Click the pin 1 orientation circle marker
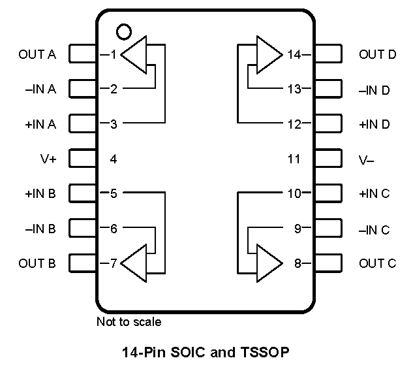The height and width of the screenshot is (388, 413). (x=122, y=30)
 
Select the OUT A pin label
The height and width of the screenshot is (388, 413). (x=37, y=54)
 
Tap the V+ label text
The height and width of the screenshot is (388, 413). (x=48, y=159)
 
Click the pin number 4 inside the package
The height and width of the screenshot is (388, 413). (x=114, y=159)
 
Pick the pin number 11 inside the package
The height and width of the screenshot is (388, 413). (x=294, y=159)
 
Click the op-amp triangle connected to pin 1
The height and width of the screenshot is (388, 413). (x=135, y=55)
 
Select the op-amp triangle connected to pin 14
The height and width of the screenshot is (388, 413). (x=268, y=55)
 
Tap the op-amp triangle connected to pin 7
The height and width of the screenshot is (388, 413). (x=135, y=264)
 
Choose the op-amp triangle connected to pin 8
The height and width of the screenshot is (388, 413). (x=268, y=264)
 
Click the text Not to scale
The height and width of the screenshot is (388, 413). (x=129, y=321)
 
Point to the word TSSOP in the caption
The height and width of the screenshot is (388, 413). (x=264, y=353)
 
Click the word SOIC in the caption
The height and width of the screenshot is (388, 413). (x=189, y=353)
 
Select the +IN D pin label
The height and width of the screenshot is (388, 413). (x=375, y=124)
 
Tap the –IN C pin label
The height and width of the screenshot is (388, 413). (x=375, y=229)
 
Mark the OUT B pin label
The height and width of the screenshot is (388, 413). (x=37, y=264)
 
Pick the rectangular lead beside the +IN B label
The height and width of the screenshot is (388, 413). (x=82, y=194)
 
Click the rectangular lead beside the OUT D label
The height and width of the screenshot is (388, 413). (x=328, y=54)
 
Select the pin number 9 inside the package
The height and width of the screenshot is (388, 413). (x=298, y=229)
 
